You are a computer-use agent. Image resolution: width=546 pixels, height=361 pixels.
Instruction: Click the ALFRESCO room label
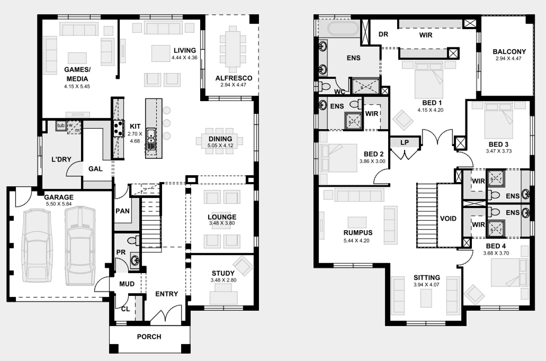[234, 78]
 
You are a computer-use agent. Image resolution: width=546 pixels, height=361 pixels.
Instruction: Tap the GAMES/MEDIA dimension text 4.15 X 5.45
[77, 86]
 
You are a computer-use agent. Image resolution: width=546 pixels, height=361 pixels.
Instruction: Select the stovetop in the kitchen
[118, 128]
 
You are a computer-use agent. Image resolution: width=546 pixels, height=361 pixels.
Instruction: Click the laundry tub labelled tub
[61, 125]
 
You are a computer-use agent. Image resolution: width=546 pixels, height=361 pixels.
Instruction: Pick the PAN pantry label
[122, 211]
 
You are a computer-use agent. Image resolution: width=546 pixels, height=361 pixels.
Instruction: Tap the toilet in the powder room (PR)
[134, 241]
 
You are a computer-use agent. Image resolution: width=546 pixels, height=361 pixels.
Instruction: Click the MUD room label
[127, 284]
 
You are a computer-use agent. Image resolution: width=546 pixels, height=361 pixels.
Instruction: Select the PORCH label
[149, 336]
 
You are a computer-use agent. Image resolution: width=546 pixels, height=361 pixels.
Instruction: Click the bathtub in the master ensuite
[343, 29]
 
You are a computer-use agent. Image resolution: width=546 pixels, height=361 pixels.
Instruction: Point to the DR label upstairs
[384, 34]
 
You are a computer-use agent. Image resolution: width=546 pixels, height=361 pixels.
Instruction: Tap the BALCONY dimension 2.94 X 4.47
[509, 59]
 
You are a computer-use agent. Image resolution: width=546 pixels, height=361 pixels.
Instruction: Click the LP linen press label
[404, 142]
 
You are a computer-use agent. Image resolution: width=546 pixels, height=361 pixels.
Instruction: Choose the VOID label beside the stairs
[448, 219]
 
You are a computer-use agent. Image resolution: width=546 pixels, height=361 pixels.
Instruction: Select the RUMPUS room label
[358, 233]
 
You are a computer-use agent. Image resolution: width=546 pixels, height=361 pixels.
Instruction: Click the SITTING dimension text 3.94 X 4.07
[426, 285]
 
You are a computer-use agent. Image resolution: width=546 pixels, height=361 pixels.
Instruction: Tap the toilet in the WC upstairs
[324, 86]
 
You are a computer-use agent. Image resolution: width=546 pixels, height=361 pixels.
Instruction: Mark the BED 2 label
[374, 154]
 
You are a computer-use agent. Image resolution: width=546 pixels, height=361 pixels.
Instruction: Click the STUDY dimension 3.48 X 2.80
[223, 280]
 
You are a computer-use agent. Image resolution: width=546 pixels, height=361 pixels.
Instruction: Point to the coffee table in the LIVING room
[161, 53]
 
